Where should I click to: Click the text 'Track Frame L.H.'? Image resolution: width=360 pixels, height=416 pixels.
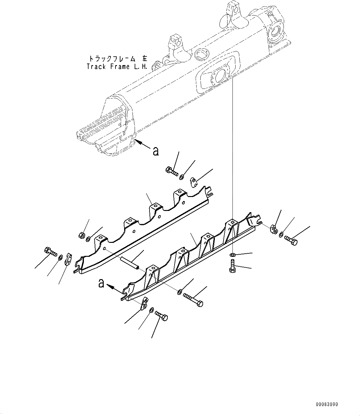click(x=117, y=67)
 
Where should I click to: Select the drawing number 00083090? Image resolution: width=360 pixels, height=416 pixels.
click(x=327, y=405)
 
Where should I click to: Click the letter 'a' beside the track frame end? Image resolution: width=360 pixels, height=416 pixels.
click(x=156, y=151)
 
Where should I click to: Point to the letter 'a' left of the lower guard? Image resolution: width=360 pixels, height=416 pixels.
click(x=101, y=283)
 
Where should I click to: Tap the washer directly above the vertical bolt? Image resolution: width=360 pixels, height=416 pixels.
click(x=232, y=255)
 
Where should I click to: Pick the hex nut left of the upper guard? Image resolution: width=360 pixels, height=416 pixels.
click(x=81, y=235)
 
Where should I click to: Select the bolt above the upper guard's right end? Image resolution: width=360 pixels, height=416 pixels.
click(x=171, y=171)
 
